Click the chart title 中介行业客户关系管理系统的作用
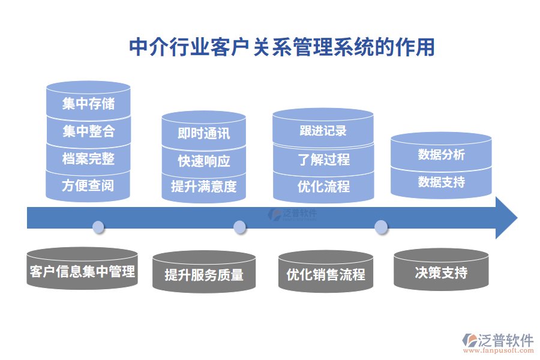(282, 47)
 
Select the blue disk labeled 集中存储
(88, 104)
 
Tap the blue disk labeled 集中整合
(88, 131)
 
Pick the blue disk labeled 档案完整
(88, 158)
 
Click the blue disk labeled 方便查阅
(88, 185)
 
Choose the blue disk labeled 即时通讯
(203, 133)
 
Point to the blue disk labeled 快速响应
(203, 161)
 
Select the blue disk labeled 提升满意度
(203, 187)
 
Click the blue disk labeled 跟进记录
(323, 131)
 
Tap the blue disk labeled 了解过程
(323, 159)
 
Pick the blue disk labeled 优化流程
(323, 187)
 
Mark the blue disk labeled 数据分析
(441, 155)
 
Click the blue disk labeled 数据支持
(441, 181)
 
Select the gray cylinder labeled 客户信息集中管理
(82, 271)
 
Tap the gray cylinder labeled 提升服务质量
(204, 275)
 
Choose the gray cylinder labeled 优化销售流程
(326, 275)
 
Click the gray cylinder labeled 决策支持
(441, 273)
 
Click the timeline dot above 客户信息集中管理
(98, 227)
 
